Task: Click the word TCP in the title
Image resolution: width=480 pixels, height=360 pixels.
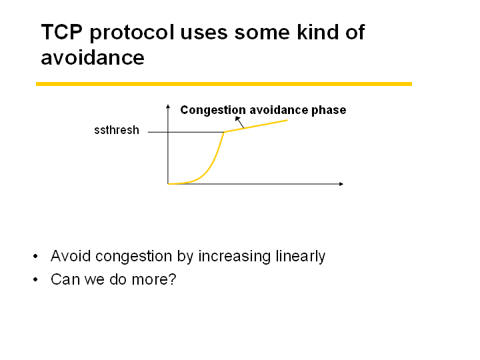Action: pos(62,32)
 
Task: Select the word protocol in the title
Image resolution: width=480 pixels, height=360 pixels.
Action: pos(132,33)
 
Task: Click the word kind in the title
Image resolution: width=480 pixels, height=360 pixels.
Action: pos(318,31)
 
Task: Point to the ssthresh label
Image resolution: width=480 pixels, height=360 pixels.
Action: pos(117,130)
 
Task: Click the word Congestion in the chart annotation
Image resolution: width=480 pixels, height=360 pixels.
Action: pos(213,110)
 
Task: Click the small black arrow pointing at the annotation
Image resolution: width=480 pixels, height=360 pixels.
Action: pos(239,122)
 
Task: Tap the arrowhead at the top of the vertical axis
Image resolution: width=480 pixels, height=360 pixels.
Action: pos(168,106)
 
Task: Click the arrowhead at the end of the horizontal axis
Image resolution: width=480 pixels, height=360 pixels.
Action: pos(341,184)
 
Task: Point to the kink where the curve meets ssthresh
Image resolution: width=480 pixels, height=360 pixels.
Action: pos(224,132)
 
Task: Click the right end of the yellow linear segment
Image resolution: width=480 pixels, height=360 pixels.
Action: pos(287,120)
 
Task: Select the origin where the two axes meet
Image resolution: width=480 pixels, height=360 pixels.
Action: pos(168,184)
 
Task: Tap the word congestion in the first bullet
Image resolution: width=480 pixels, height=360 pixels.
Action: pos(133,257)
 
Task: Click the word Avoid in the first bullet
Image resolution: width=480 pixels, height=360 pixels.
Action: pos(71,255)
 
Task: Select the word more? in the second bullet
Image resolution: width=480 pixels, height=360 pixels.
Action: pos(154,279)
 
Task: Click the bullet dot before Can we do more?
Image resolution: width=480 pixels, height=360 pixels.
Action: pos(35,279)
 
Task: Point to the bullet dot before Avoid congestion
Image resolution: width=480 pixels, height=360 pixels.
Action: pos(35,256)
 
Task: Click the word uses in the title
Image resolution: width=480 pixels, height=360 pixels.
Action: pos(204,34)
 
